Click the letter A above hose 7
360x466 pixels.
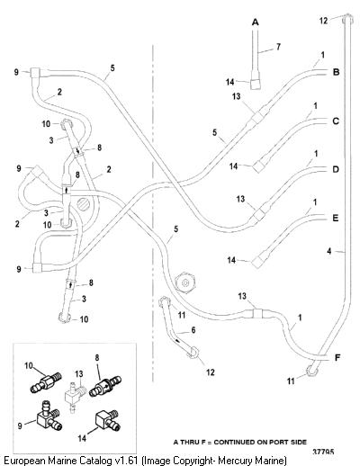click(255, 22)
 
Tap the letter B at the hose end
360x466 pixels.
click(336, 72)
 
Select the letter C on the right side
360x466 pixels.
click(336, 121)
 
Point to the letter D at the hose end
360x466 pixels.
click(336, 169)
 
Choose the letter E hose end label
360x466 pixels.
click(336, 218)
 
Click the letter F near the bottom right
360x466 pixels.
click(337, 357)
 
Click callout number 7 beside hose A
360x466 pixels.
click(278, 47)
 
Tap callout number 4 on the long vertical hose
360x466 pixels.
click(329, 251)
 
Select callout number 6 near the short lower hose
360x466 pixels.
click(193, 330)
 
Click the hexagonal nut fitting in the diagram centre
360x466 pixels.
click(185, 282)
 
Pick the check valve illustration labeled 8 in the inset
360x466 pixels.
click(105, 387)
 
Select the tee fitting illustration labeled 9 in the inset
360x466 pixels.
click(48, 416)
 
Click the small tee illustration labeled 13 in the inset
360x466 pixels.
click(74, 397)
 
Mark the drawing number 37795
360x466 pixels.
click(323, 452)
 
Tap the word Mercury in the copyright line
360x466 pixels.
click(237, 461)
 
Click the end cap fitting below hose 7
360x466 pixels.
click(256, 84)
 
